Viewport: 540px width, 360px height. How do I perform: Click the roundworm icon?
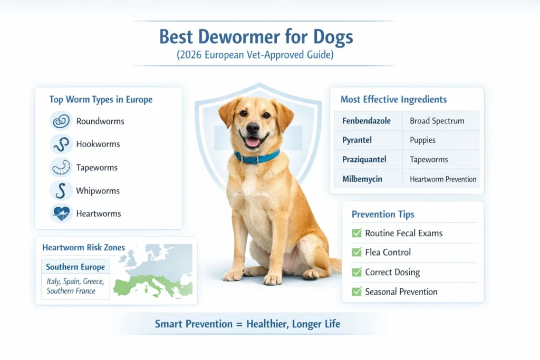coord(61,121)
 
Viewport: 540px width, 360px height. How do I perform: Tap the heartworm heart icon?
coord(61,213)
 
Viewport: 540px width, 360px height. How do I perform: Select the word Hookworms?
coord(98,144)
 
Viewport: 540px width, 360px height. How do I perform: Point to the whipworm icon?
coord(61,190)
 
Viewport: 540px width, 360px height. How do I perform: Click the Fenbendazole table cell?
coord(367,121)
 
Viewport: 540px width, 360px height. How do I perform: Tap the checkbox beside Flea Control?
coord(356,252)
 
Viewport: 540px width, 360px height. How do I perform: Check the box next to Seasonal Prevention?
coord(356,291)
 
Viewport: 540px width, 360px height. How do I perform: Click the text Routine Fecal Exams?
coord(404,233)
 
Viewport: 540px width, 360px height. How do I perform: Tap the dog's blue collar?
coord(257,156)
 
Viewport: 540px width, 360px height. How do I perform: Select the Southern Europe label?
coord(75,267)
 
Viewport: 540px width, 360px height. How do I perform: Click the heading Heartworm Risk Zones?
coord(83,248)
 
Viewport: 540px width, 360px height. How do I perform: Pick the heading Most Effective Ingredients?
coord(393,99)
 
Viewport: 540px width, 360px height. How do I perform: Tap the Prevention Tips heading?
coord(383,214)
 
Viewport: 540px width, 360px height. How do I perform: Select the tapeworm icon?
coord(61,167)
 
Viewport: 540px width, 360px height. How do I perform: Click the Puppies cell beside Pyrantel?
coord(423,140)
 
